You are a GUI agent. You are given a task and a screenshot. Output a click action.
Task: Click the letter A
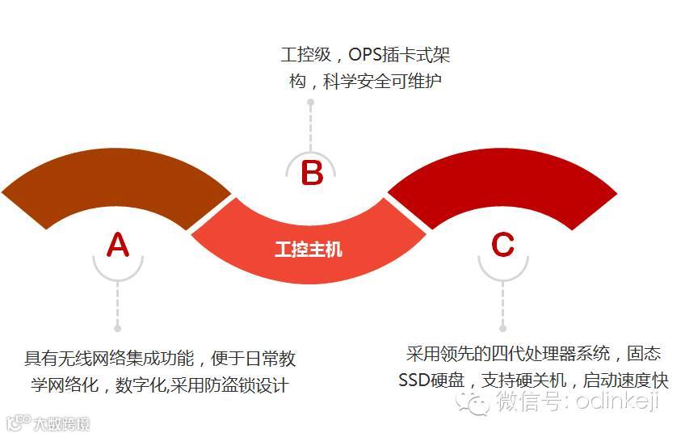(x=118, y=244)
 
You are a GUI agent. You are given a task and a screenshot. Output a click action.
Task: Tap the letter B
(x=312, y=173)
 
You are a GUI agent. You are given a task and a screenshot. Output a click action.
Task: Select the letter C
(x=502, y=244)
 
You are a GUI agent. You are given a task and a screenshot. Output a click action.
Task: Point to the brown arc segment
(x=113, y=190)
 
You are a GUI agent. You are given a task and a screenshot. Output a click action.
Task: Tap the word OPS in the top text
(x=368, y=56)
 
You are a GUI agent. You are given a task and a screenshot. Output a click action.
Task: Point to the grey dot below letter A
(x=117, y=329)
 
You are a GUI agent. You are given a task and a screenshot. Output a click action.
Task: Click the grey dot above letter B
(x=311, y=103)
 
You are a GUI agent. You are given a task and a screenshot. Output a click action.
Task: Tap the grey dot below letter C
(x=502, y=329)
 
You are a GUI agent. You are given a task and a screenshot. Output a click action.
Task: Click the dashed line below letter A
(x=117, y=303)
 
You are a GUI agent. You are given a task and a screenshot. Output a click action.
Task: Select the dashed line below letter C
(x=502, y=303)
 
